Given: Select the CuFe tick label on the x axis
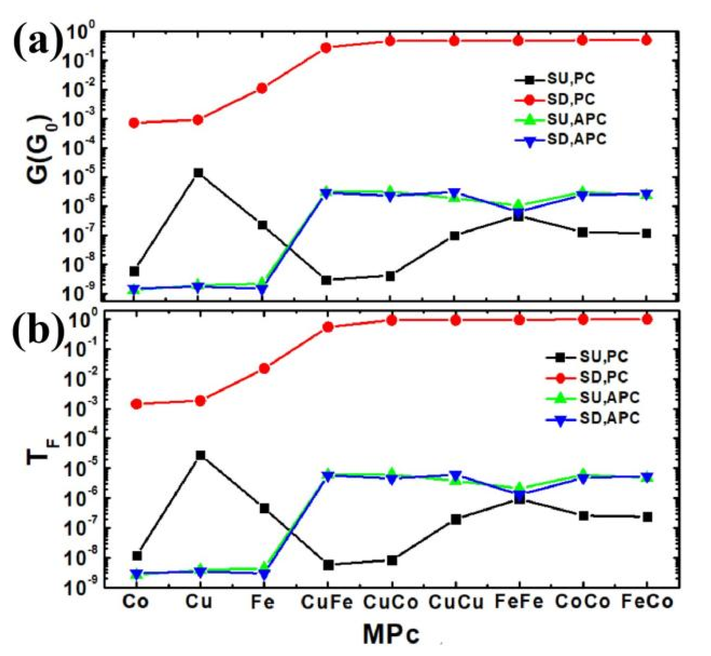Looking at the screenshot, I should (x=326, y=602).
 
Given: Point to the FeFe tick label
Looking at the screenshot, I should (x=519, y=602).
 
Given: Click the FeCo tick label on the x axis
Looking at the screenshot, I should (x=647, y=602).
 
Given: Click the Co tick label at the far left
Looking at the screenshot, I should (x=136, y=602).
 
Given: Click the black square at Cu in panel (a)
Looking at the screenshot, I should (x=198, y=173).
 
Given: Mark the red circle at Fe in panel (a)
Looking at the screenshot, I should (x=262, y=88).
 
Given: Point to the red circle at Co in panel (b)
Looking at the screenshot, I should (x=137, y=404).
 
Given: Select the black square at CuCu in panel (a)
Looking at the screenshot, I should (x=455, y=236).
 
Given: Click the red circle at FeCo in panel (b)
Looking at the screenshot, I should (x=647, y=319).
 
